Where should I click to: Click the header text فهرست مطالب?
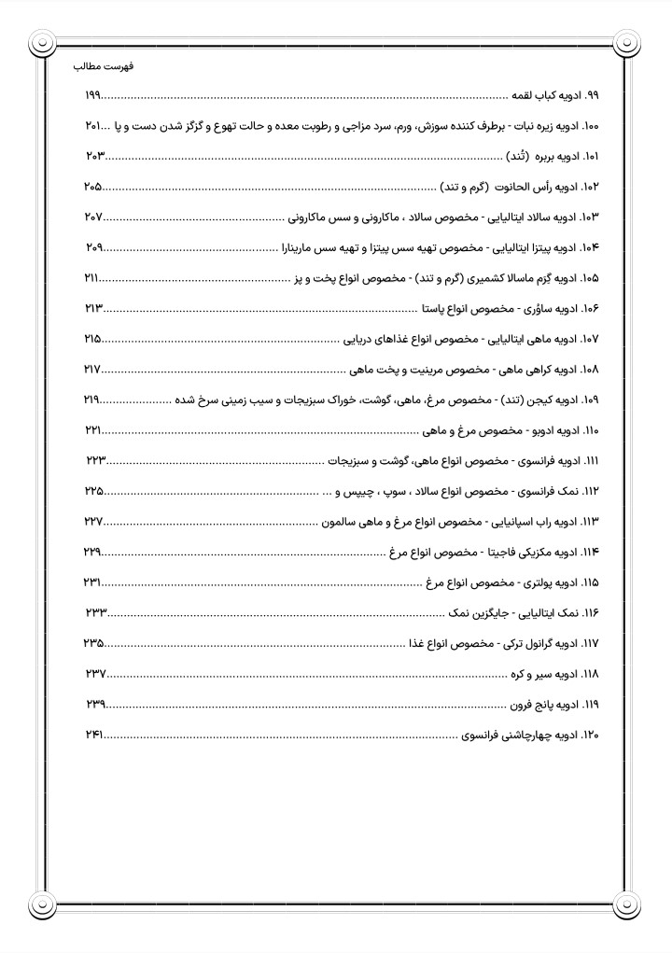(103, 68)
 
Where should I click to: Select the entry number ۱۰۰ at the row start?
(590, 126)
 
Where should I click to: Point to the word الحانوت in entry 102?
(517, 188)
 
